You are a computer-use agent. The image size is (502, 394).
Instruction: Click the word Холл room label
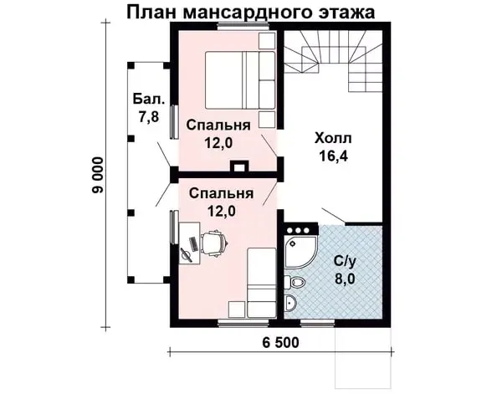(333, 139)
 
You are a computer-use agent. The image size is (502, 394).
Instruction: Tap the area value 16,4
(333, 156)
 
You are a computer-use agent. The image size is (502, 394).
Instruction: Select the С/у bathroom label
(345, 262)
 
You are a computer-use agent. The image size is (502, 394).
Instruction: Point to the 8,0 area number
(345, 279)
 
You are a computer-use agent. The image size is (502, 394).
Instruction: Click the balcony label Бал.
(149, 99)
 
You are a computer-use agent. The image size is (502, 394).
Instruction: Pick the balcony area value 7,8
(149, 117)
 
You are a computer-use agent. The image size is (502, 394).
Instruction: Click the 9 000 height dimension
(98, 175)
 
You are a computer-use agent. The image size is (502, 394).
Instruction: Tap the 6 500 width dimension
(280, 342)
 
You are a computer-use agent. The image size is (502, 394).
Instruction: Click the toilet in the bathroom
(295, 282)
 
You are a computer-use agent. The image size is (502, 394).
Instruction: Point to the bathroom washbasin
(290, 302)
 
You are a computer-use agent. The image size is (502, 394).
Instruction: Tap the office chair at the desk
(214, 243)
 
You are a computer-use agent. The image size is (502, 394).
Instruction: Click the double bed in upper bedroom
(240, 80)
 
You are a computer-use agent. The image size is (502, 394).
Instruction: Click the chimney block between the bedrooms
(238, 166)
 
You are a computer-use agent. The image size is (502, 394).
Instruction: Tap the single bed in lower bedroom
(262, 283)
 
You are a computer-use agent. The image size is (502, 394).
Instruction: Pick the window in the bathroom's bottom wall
(317, 323)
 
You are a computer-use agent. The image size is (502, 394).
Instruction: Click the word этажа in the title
(346, 13)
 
